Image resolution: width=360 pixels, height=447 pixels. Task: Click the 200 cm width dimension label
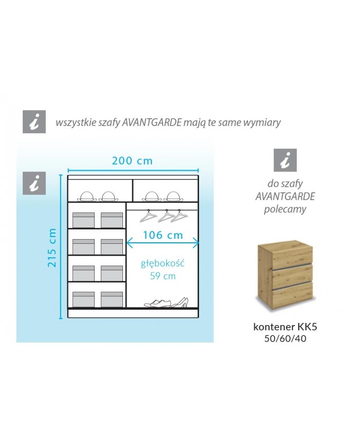tap(132, 161)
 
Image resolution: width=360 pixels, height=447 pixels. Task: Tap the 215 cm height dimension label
tap(52, 248)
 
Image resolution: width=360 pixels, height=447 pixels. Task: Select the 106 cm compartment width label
tap(163, 235)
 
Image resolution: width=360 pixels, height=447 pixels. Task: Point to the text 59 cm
tap(163, 276)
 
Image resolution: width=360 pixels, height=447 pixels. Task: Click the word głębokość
tap(163, 263)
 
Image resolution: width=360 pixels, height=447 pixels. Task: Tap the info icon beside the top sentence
tap(34, 122)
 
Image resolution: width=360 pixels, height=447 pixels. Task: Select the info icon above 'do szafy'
tap(285, 160)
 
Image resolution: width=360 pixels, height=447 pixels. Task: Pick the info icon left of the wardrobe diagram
tap(34, 183)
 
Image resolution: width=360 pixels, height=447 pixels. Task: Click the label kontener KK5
tap(285, 327)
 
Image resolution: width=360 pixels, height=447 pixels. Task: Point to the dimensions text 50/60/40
tap(285, 338)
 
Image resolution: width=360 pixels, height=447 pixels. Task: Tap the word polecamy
tap(285, 209)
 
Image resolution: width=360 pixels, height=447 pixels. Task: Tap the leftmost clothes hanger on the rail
tap(148, 216)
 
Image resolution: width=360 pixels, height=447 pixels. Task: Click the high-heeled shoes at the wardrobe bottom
tap(179, 302)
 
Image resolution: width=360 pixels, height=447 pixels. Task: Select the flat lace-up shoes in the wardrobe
tap(157, 303)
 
